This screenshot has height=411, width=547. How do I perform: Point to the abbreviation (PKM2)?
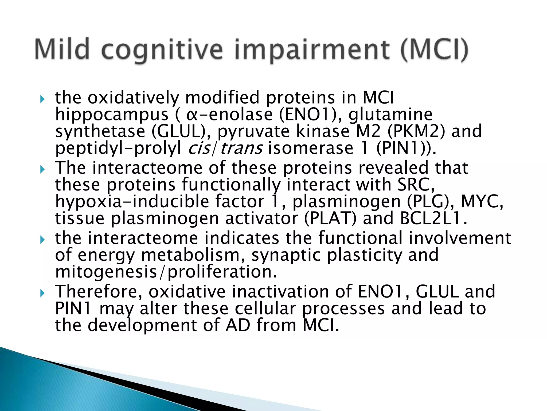point(416,131)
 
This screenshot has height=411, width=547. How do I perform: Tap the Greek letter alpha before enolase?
point(192,115)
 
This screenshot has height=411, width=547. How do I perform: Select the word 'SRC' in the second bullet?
point(415,185)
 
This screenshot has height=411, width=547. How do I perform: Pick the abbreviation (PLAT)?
point(330,218)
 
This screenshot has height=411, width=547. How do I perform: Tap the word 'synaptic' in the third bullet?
point(286,255)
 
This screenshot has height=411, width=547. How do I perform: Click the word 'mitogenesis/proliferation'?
point(166,272)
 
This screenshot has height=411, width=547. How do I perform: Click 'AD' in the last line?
point(238,325)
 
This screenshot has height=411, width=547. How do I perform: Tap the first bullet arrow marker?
point(42,100)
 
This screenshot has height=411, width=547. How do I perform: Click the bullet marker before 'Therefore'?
point(42,294)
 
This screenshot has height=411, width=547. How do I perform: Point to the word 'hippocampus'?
point(112,115)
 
